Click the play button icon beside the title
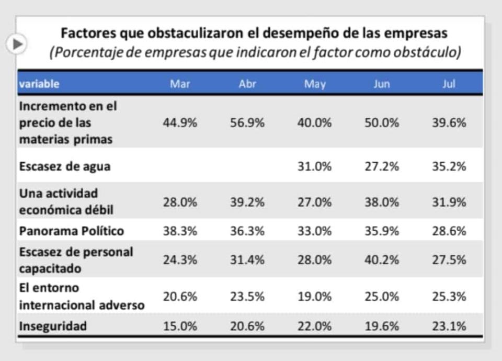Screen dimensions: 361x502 click(17, 44)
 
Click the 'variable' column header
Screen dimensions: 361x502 click(39, 84)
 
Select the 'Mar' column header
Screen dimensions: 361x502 click(180, 84)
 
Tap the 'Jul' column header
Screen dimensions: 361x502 click(449, 84)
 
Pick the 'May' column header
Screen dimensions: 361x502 click(315, 84)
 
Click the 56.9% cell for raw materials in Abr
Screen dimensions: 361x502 click(247, 123)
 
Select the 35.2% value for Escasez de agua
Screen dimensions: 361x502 click(449, 166)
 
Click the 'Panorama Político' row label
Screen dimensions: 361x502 click(72, 231)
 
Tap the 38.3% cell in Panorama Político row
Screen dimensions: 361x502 click(180, 231)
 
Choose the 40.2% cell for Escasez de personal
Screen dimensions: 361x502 click(382, 260)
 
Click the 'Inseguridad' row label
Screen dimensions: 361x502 click(53, 326)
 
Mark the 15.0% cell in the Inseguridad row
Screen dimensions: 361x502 click(180, 326)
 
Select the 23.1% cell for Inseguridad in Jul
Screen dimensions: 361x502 click(449, 326)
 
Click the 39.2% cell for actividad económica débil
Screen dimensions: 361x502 click(247, 202)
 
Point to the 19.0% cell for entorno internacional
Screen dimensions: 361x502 click(315, 297)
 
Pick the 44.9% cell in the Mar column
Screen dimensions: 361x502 click(180, 123)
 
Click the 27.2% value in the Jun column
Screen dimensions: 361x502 click(382, 166)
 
